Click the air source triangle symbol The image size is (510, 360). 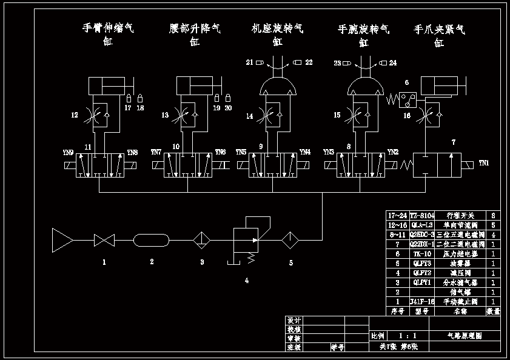pyautogui.click(x=62, y=240)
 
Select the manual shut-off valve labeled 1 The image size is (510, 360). pyautogui.click(x=104, y=241)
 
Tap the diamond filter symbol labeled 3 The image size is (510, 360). pyautogui.click(x=201, y=241)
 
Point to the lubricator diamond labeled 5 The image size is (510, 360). pyautogui.click(x=290, y=241)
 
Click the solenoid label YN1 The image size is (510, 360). pyautogui.click(x=483, y=162)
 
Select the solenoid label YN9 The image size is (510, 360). pyautogui.click(x=68, y=152)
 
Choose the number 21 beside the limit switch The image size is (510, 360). pyautogui.click(x=249, y=62)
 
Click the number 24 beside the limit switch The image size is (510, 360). pyautogui.click(x=392, y=62)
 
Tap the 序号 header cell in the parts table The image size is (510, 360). pyautogui.click(x=397, y=311)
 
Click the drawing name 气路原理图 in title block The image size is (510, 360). pyautogui.click(x=465, y=335)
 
